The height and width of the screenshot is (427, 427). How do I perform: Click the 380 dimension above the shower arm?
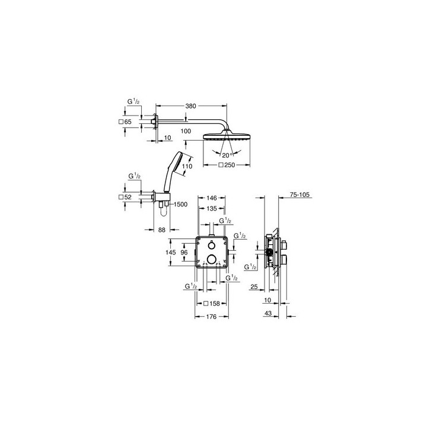(190, 106)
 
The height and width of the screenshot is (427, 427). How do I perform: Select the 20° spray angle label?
(227, 155)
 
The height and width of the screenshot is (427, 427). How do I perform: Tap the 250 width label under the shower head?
(227, 165)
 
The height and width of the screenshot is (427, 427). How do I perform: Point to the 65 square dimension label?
(125, 122)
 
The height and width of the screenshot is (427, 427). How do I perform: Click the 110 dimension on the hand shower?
(187, 166)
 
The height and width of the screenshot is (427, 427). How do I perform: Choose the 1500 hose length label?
(180, 204)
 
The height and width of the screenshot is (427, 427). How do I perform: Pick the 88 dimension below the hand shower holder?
(162, 230)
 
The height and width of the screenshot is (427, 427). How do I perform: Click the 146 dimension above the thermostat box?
(212, 198)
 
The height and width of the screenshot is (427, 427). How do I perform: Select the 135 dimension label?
(212, 209)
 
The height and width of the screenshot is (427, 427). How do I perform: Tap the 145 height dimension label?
(171, 253)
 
